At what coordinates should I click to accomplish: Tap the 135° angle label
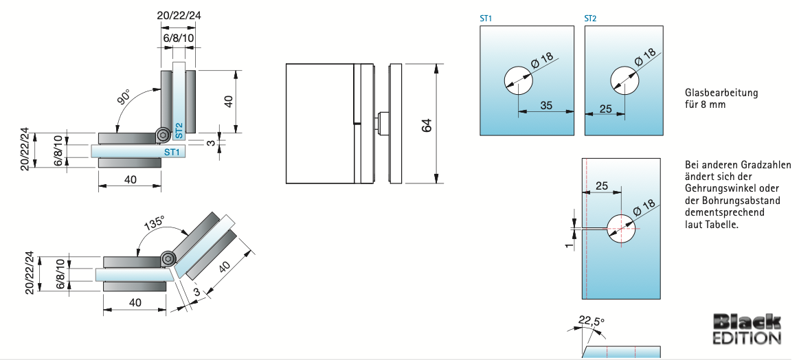(x=154, y=223)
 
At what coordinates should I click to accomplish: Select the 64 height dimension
(x=427, y=125)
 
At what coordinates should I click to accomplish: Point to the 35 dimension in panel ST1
(x=546, y=105)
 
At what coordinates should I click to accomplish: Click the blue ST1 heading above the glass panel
(x=486, y=19)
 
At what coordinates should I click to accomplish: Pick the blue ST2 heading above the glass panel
(x=590, y=19)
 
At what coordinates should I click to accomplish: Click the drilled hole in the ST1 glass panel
(x=518, y=80)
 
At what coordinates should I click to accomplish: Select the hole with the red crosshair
(x=620, y=227)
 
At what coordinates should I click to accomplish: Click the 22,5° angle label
(x=590, y=320)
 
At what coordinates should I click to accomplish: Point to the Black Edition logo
(x=747, y=329)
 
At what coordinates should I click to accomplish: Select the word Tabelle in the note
(x=721, y=225)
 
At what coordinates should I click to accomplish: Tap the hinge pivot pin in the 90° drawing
(x=162, y=135)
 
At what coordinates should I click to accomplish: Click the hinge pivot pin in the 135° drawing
(x=168, y=259)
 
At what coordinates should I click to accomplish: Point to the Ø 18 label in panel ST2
(x=645, y=58)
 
